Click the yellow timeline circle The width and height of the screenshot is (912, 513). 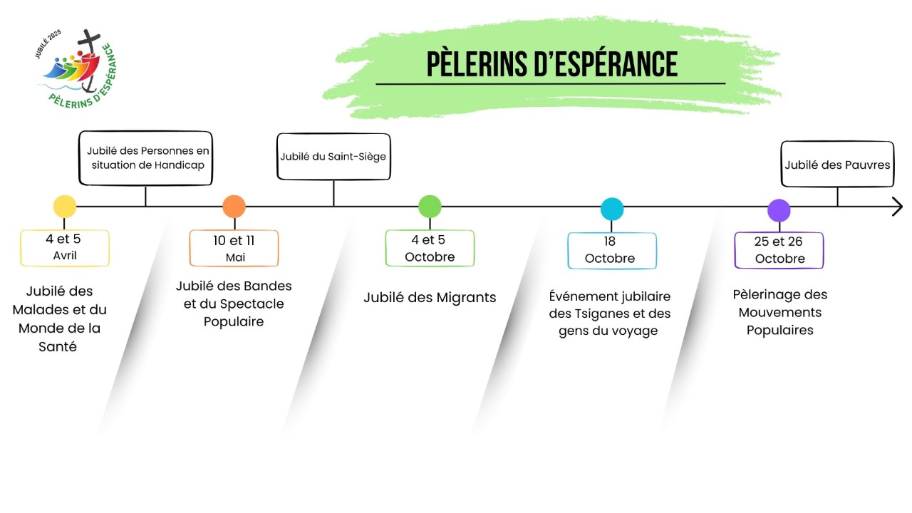[65, 207]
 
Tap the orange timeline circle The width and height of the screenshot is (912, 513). [234, 207]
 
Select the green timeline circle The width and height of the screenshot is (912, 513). [430, 207]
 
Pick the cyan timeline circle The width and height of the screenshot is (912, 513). [612, 209]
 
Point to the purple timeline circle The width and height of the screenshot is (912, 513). [779, 210]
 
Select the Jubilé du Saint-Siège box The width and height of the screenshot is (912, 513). [333, 156]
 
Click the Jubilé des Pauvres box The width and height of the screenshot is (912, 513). [837, 165]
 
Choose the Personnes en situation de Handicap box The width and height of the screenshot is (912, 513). [145, 158]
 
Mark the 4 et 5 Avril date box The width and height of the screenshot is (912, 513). [65, 248]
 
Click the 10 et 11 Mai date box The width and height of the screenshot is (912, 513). [234, 248]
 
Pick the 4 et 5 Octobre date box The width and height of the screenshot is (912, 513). [430, 248]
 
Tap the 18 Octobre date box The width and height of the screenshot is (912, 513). [612, 250]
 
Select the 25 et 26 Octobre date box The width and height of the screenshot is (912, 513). [779, 250]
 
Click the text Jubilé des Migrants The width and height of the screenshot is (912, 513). [430, 298]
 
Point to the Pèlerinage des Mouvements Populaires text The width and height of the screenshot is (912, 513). [779, 312]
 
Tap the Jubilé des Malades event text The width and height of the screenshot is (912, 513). [63, 319]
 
